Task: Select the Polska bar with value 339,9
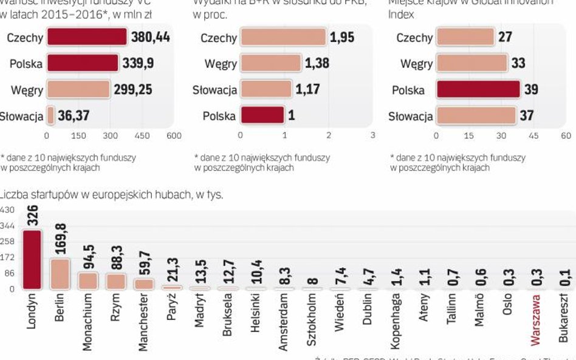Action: point(83,63)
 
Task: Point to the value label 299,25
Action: point(132,90)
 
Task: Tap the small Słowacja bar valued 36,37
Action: point(50,115)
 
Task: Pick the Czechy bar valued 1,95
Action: point(283,38)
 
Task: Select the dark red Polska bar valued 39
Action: point(478,90)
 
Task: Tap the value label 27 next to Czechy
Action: point(505,38)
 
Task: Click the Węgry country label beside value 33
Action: point(416,64)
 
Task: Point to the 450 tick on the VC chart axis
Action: point(142,135)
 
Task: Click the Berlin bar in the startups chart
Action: point(60,274)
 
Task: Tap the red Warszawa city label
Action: point(535,321)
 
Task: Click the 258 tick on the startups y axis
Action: point(7,242)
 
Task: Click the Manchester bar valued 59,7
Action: point(143,284)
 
